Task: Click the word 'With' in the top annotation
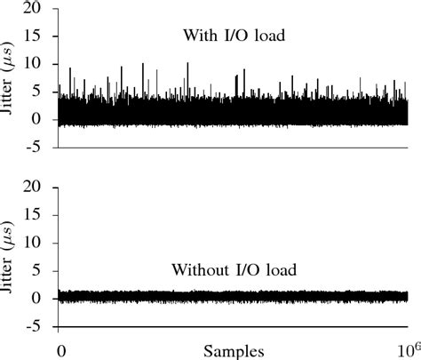click(x=198, y=36)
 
